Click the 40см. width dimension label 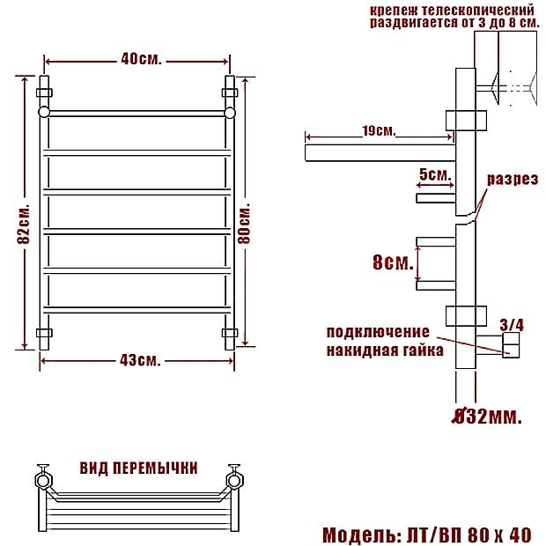coord(142,60)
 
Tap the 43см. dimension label coord(140,361)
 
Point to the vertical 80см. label coord(244,222)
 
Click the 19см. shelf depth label coord(379,131)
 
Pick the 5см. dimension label coord(435,174)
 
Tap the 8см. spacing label coord(393,262)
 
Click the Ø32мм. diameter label coord(488,416)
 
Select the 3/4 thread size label coord(512,325)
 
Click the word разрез coord(513,180)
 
